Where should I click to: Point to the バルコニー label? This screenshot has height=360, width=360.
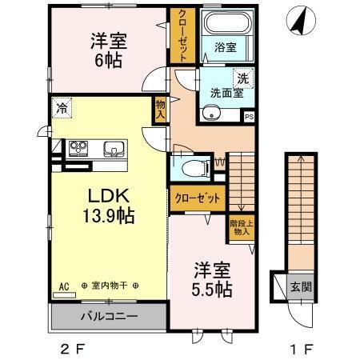pos(108,316)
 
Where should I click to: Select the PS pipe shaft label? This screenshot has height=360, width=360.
pos(249,116)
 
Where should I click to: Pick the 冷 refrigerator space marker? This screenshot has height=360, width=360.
pos(62,105)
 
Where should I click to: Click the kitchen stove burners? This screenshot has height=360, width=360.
pos(80,147)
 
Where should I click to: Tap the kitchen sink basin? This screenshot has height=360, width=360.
pos(114,147)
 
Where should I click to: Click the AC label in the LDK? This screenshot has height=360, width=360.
pos(63,285)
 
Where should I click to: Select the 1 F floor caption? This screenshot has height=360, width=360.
pos(296,348)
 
